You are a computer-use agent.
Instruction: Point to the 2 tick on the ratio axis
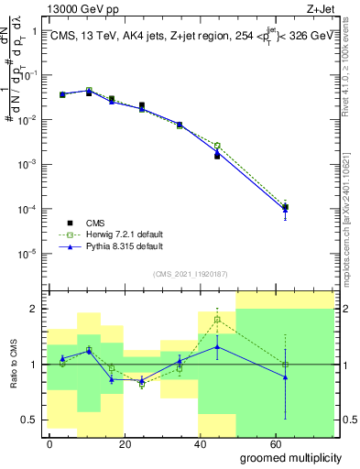point(37,309)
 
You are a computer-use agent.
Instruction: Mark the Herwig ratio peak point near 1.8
point(217,319)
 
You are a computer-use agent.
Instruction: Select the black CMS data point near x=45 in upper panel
point(217,157)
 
